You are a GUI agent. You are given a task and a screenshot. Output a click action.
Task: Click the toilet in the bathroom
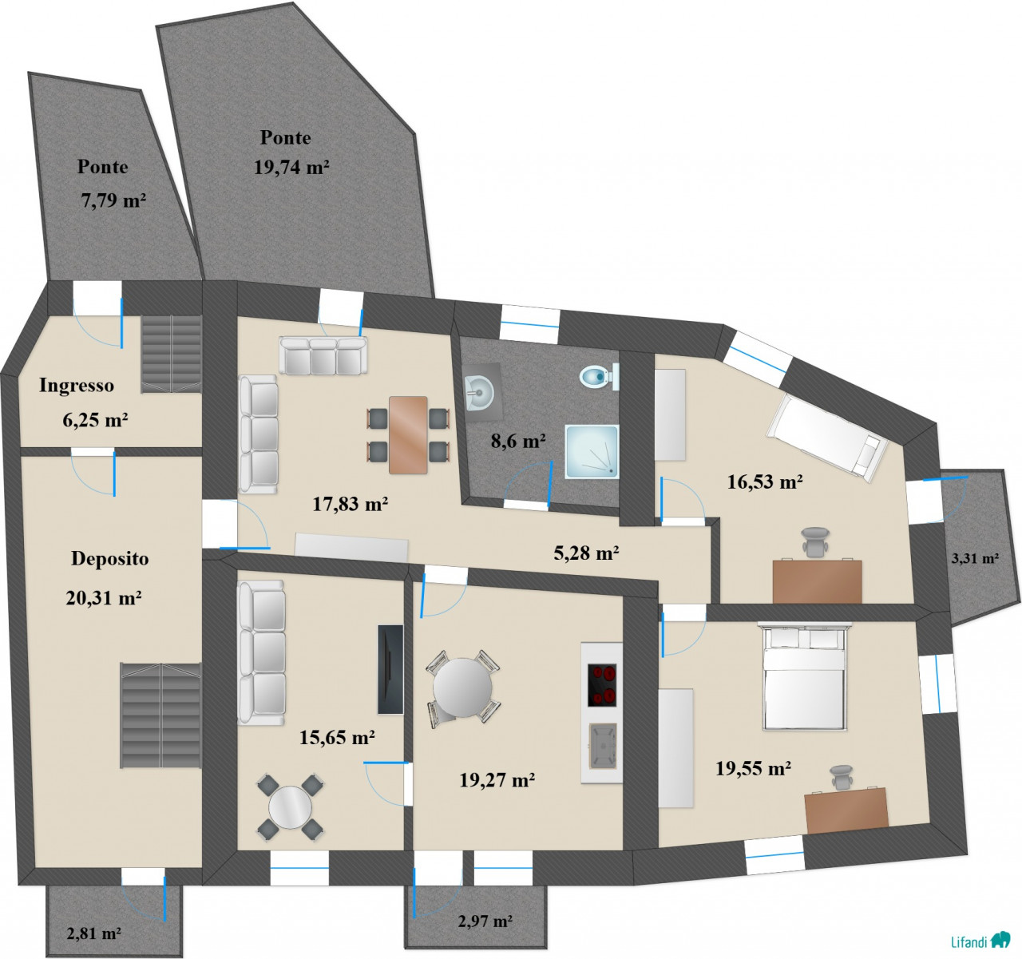599,377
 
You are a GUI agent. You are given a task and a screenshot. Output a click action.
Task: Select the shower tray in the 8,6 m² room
592,451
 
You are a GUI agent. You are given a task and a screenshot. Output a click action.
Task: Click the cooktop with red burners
602,684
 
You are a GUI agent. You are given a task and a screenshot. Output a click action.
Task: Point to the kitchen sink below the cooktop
603,746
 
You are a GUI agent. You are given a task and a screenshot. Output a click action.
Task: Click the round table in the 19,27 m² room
462,688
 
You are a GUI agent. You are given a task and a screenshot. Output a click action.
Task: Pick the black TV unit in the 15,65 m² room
390,669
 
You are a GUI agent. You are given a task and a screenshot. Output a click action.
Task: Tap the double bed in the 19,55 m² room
805,676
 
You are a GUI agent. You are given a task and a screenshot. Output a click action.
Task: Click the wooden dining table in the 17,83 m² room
408,435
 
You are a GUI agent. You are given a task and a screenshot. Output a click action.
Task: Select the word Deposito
109,558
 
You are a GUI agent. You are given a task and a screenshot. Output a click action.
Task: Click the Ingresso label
77,385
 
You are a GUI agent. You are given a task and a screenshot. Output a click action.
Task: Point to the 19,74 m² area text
291,168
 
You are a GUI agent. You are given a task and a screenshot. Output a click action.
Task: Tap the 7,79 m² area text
113,200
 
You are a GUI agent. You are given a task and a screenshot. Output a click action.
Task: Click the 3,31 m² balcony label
975,558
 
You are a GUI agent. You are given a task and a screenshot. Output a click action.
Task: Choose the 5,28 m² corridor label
586,553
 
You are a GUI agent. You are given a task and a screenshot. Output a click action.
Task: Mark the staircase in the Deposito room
160,715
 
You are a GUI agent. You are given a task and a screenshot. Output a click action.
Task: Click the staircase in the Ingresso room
171,355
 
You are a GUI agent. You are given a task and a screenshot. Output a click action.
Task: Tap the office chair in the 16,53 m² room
816,541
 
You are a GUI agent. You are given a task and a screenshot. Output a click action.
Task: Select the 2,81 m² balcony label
93,933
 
